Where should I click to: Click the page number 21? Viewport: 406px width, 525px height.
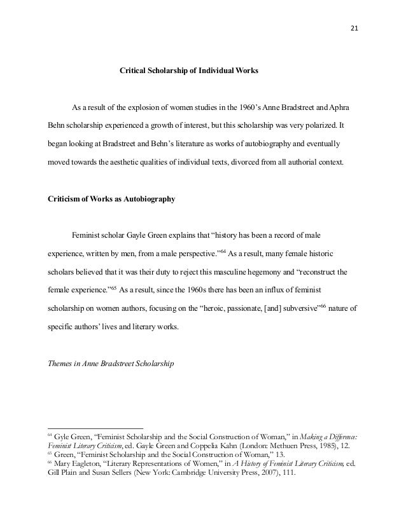(x=354, y=27)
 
